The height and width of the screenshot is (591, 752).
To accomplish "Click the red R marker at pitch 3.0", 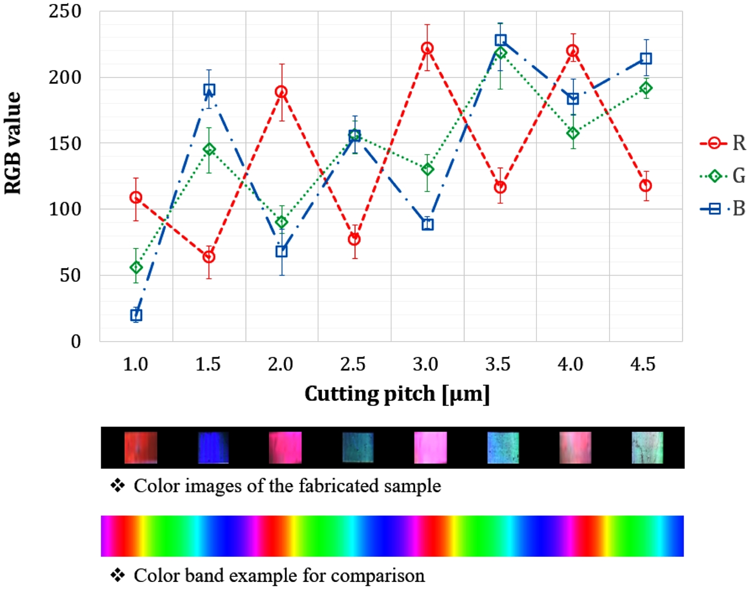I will coord(427,48).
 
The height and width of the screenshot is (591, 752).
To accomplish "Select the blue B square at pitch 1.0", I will coord(136,315).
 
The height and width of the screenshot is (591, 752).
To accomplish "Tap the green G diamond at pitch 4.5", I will coord(646,88).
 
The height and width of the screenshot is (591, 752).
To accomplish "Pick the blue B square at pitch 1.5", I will coord(209,90).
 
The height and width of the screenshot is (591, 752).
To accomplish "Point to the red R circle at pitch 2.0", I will coord(281,92).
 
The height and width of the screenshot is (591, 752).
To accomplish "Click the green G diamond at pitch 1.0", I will coord(136,267).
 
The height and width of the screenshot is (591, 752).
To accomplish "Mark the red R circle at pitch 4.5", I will coord(646,185).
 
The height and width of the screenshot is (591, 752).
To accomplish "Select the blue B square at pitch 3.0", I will coord(427,225).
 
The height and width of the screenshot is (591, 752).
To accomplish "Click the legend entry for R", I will coord(723,143).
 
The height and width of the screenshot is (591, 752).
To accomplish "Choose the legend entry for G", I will coord(723,176).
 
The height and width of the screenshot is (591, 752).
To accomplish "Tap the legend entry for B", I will coord(723,209).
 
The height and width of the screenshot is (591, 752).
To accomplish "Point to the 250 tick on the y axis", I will coord(65,12).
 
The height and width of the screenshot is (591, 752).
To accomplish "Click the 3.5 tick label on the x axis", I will coord(498,364).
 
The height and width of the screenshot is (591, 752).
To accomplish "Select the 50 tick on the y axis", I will coord(70,275).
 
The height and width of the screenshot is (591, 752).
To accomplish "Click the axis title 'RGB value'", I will coord(14,143).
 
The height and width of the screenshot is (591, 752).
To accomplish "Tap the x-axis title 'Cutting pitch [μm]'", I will coord(397,394).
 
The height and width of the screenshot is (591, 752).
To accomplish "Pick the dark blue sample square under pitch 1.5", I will coord(213,447).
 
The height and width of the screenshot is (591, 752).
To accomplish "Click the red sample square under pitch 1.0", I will coord(140,447).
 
